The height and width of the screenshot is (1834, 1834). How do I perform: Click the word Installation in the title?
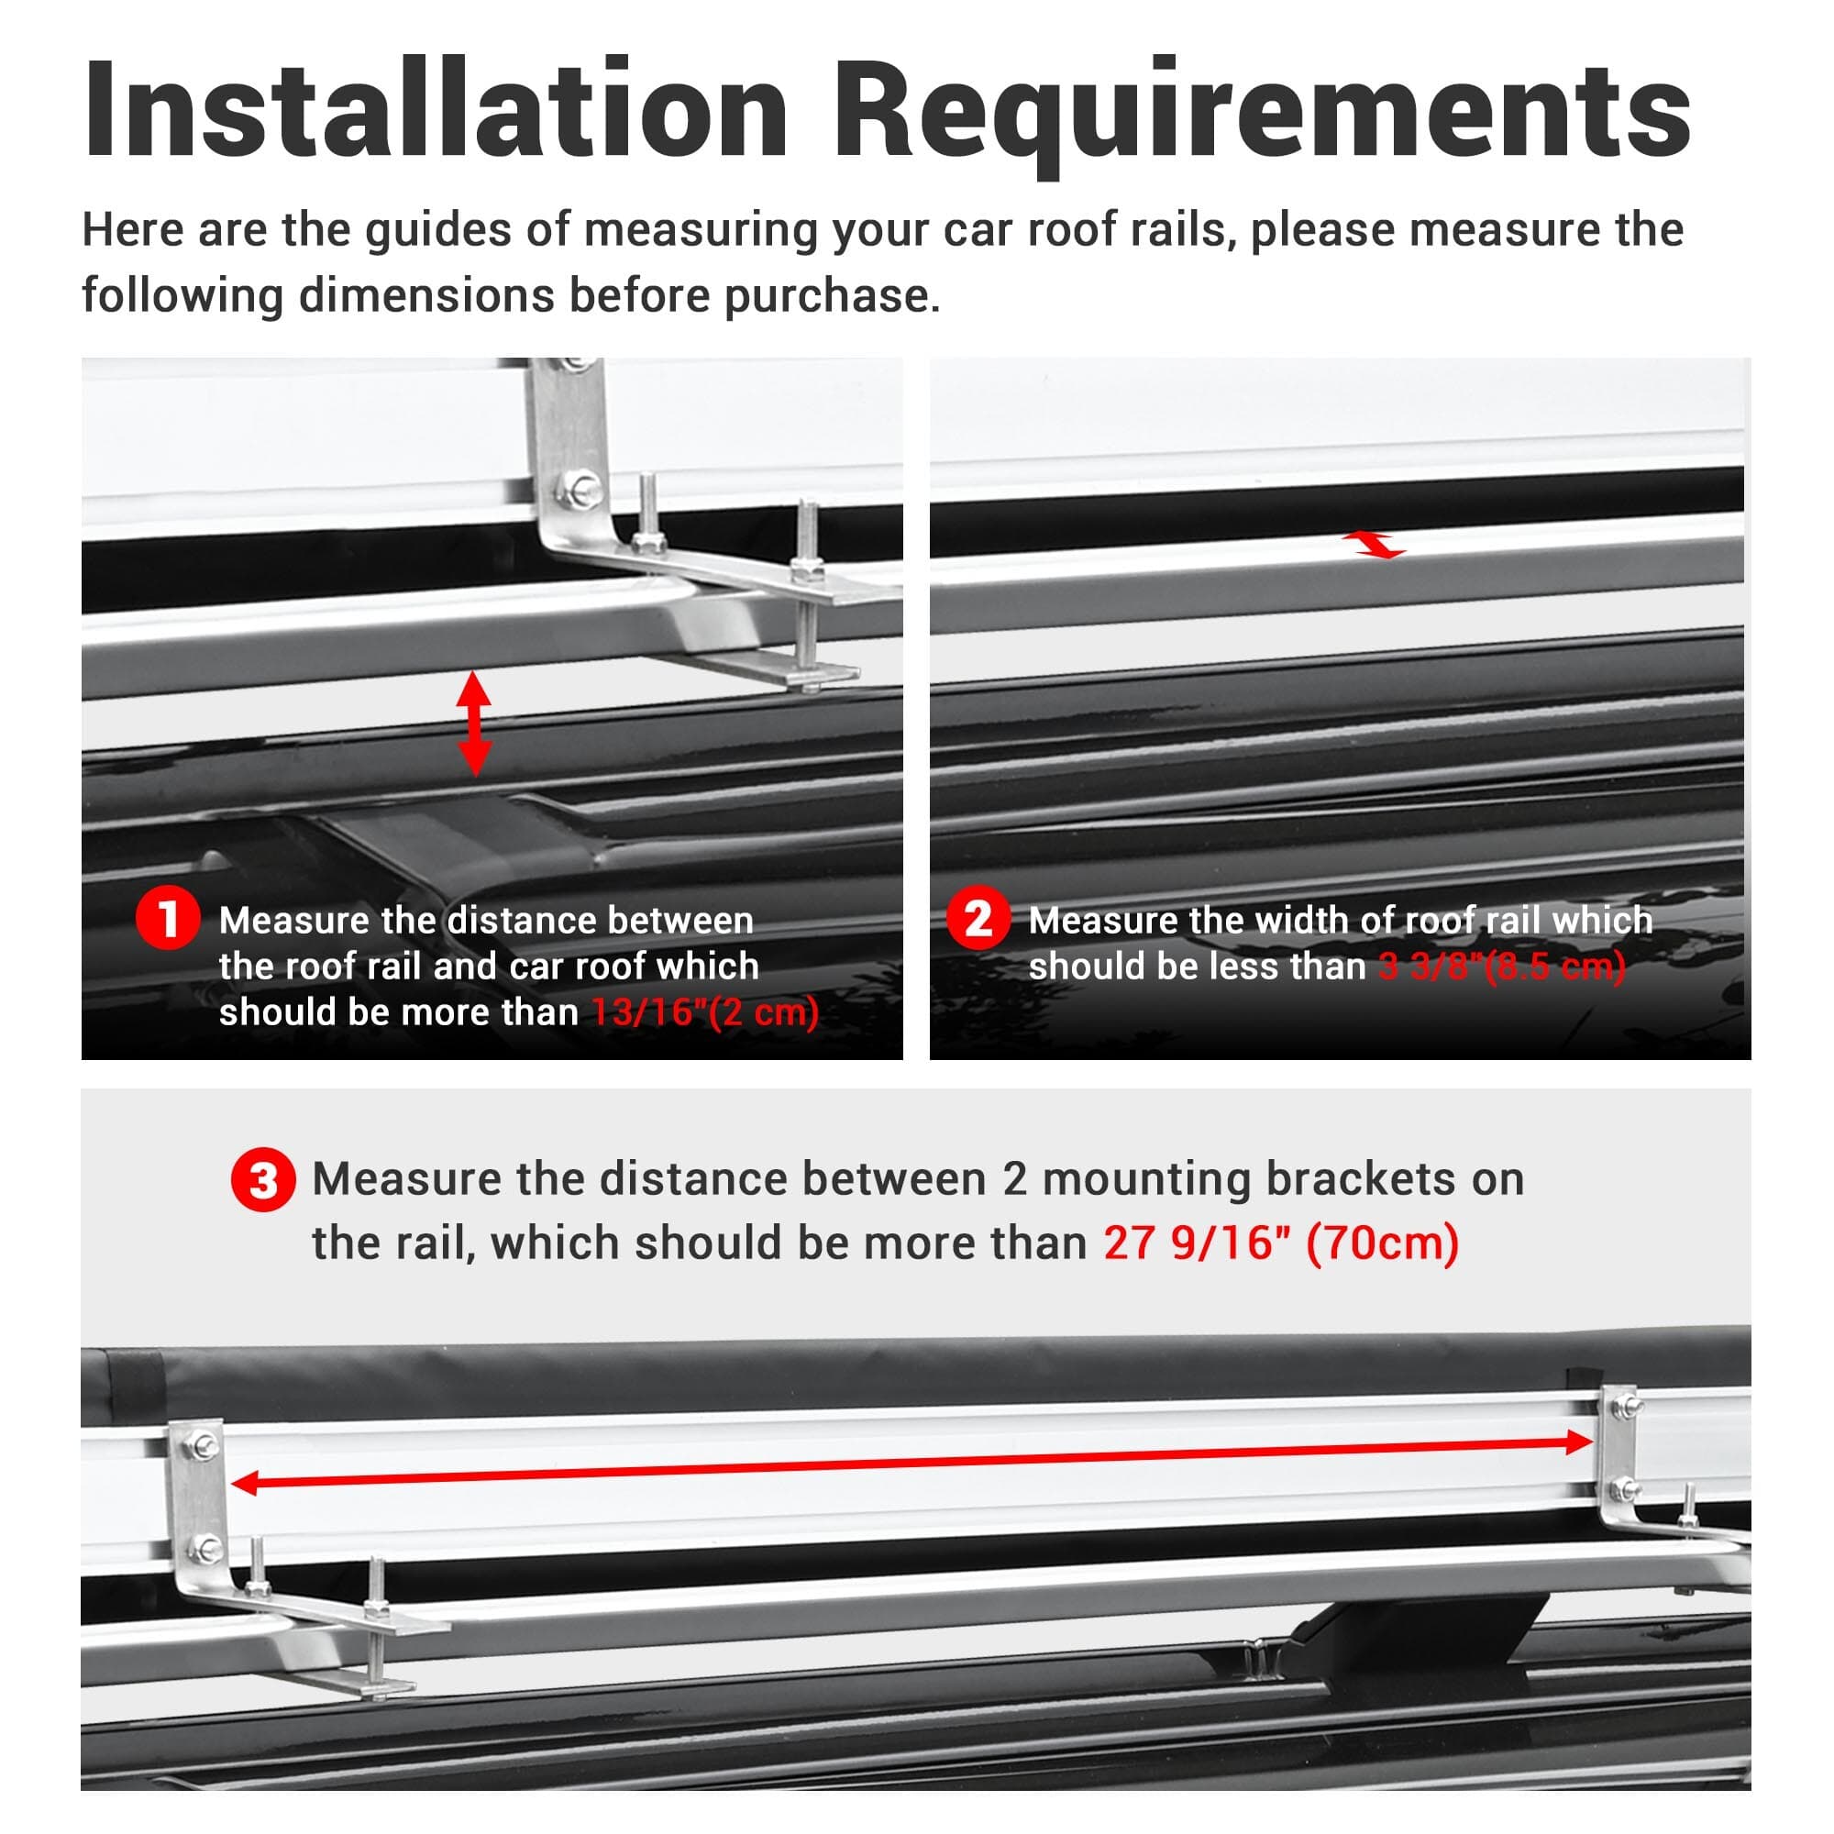[436, 108]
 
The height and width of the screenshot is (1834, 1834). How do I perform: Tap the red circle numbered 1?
[168, 919]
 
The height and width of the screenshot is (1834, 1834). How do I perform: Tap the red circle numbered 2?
[978, 918]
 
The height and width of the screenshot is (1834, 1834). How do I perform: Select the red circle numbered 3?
[263, 1180]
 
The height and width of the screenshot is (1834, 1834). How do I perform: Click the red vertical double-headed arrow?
[474, 724]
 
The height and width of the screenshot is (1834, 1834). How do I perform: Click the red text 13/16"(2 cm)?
[705, 1012]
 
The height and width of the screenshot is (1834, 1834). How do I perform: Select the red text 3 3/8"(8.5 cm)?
[1502, 967]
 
